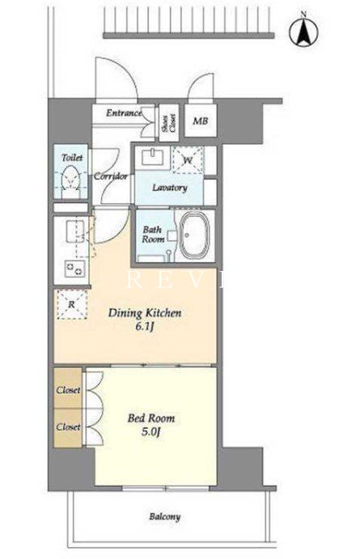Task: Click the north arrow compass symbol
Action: pyautogui.click(x=303, y=31)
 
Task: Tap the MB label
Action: pyautogui.click(x=201, y=121)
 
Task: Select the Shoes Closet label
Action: pyautogui.click(x=168, y=123)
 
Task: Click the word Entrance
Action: pyautogui.click(x=124, y=113)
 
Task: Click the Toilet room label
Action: pyautogui.click(x=72, y=157)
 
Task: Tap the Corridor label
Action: pyautogui.click(x=111, y=176)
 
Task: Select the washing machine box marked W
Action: pyautogui.click(x=188, y=159)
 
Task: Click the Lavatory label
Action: pyautogui.click(x=170, y=188)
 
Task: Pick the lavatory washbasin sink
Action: pyautogui.click(x=153, y=157)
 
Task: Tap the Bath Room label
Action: pyautogui.click(x=153, y=235)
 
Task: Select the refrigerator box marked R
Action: pyautogui.click(x=72, y=304)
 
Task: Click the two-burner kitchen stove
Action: pyautogui.click(x=75, y=269)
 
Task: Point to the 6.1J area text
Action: pyautogui.click(x=144, y=327)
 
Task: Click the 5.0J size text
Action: pyautogui.click(x=151, y=432)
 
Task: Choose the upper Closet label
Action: pyautogui.click(x=68, y=390)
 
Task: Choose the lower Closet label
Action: pyautogui.click(x=68, y=426)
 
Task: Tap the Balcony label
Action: pyautogui.click(x=165, y=517)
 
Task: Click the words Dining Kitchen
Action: pyautogui.click(x=145, y=313)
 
